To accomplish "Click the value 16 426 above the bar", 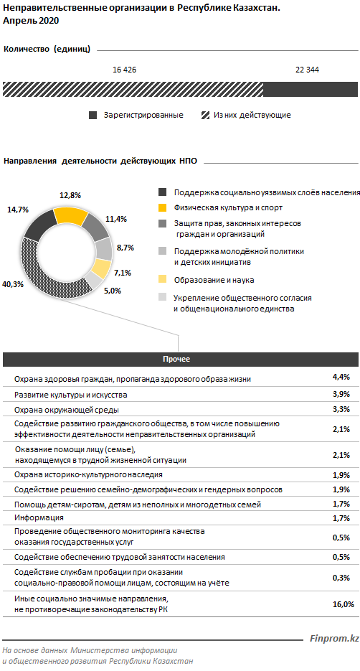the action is click(x=124, y=70).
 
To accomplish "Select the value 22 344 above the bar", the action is click(x=307, y=70).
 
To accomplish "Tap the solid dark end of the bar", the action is click(x=311, y=90).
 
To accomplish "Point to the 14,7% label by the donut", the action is click(x=18, y=210).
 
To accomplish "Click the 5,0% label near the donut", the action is click(x=112, y=291).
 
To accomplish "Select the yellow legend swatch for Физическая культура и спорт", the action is click(x=163, y=208).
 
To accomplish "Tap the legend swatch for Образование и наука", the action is click(x=163, y=279).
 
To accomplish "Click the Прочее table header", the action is click(x=176, y=359).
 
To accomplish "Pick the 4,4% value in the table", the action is click(x=341, y=377).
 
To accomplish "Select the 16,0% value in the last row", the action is click(x=344, y=604).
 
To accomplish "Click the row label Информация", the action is click(x=39, y=518).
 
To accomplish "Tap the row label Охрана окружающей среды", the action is click(x=66, y=410).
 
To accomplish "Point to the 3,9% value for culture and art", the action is click(x=341, y=394).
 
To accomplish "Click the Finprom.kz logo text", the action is click(x=334, y=639).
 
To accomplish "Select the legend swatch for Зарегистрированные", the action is click(x=93, y=115).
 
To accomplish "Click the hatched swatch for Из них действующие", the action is click(x=205, y=115).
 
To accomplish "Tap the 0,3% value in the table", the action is click(x=341, y=578).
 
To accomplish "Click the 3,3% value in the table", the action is click(x=341, y=409).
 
